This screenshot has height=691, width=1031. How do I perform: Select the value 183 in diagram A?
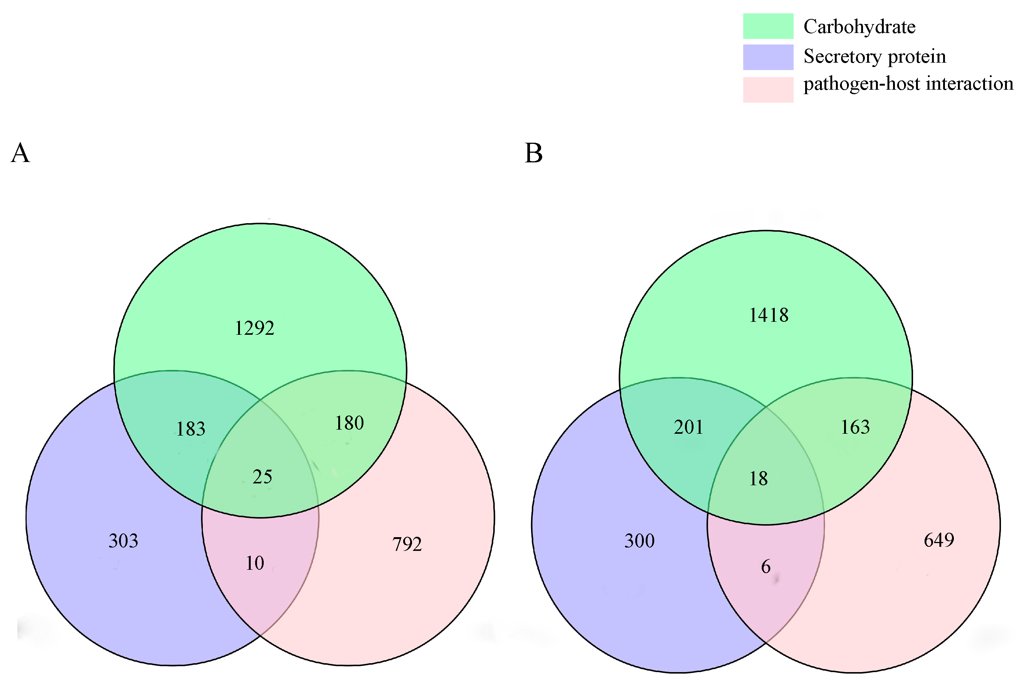pyautogui.click(x=191, y=429)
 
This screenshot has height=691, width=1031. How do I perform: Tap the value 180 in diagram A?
pyautogui.click(x=349, y=423)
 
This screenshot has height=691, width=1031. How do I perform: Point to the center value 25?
pyautogui.click(x=262, y=477)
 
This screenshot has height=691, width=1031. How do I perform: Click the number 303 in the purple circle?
pyautogui.click(x=123, y=541)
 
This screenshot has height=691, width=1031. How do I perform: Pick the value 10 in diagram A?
pyautogui.click(x=255, y=563)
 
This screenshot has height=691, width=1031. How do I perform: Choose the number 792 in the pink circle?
pyautogui.click(x=407, y=544)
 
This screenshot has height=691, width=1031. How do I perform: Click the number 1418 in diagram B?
pyautogui.click(x=769, y=315)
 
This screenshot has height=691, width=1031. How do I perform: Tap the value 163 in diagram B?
pyautogui.click(x=855, y=427)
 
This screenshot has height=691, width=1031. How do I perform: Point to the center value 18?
pyautogui.click(x=758, y=479)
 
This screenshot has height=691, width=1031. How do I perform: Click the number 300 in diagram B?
pyautogui.click(x=639, y=541)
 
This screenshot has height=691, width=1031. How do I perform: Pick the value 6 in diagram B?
pyautogui.click(x=765, y=567)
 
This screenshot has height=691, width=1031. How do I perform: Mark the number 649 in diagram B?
pyautogui.click(x=939, y=540)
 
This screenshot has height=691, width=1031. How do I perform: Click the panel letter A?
pyautogui.click(x=20, y=153)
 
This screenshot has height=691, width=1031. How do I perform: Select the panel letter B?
pyautogui.click(x=533, y=153)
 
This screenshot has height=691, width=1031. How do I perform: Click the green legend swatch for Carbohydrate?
pyautogui.click(x=768, y=26)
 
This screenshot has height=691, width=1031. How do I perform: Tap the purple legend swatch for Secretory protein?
pyautogui.click(x=768, y=57)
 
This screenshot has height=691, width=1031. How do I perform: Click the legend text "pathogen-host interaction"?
pyautogui.click(x=908, y=84)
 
